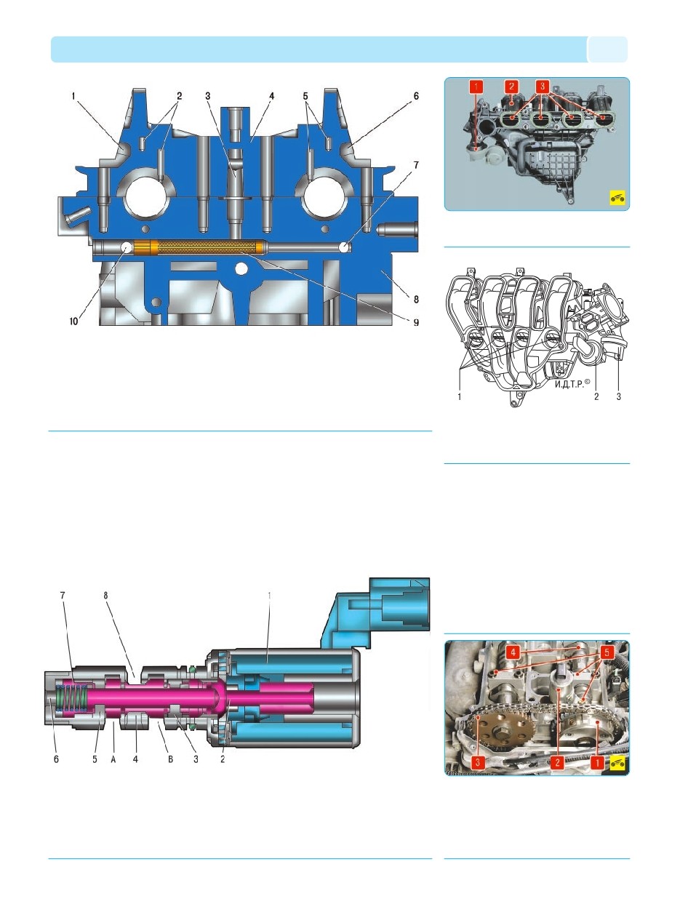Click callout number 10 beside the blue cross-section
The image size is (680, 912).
point(73,321)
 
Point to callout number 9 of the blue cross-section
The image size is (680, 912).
point(416,322)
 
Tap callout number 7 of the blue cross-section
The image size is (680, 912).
point(416,165)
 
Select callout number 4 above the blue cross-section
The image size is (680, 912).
point(271,97)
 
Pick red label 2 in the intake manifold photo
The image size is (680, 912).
point(511,87)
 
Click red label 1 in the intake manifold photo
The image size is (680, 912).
point(476,87)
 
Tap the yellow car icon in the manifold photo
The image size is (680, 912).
point(617,197)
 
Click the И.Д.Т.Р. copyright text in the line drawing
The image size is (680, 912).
point(572,384)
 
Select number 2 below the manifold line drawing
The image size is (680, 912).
point(596,396)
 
